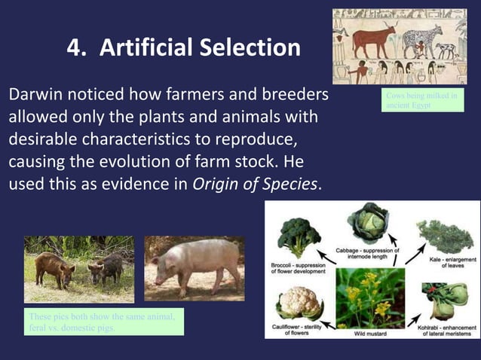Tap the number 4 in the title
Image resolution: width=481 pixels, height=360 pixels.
(75, 48)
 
